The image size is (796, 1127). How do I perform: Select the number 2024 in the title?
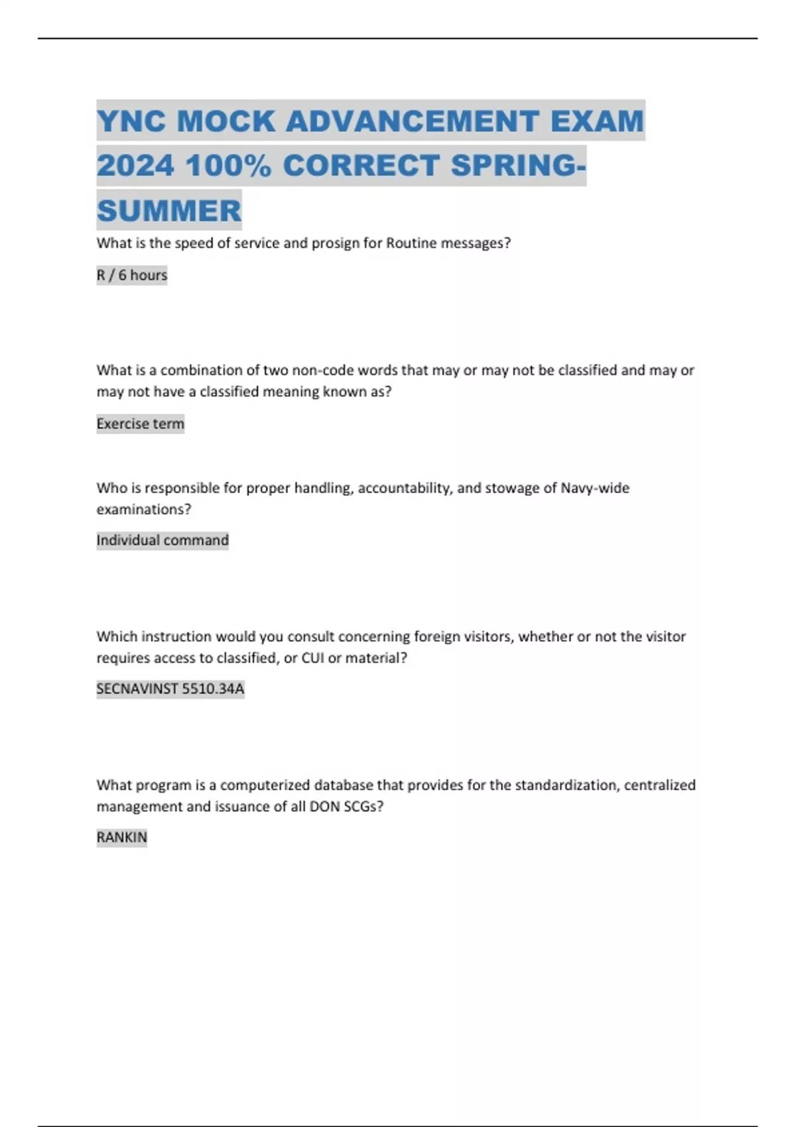(135, 166)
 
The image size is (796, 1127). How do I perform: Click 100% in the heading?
(228, 166)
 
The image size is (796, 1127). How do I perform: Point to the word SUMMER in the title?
(169, 211)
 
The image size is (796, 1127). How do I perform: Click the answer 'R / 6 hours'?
(132, 275)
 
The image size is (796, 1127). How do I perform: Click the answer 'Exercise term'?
(140, 424)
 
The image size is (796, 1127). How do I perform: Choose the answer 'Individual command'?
(163, 540)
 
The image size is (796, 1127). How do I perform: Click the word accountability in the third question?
(405, 489)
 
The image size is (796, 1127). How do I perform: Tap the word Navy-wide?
(595, 489)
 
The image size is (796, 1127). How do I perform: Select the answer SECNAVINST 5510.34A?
(170, 689)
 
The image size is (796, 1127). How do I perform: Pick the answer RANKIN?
(122, 838)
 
